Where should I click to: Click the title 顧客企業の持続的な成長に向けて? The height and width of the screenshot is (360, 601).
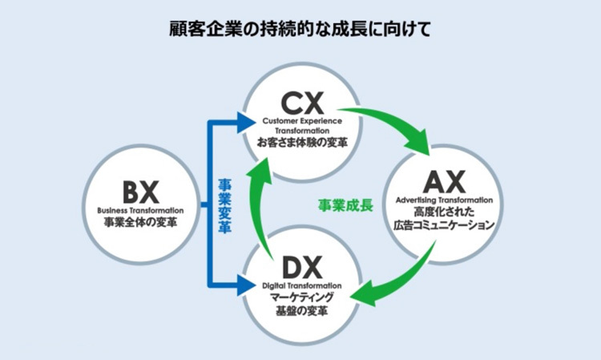[x=300, y=30]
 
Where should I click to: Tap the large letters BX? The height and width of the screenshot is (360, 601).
[x=141, y=192]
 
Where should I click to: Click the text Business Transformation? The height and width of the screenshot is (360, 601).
[x=141, y=209]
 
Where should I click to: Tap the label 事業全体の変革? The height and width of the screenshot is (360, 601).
[x=141, y=221]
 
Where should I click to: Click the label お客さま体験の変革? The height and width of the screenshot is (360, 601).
[x=301, y=142]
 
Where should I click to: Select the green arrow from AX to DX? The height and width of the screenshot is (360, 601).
[x=401, y=281]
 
